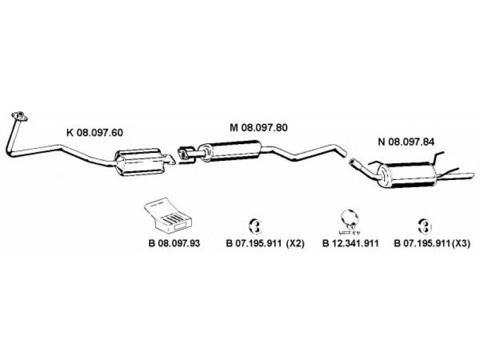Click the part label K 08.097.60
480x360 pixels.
[x=95, y=133]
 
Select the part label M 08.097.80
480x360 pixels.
[x=259, y=127]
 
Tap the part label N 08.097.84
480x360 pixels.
[x=406, y=142]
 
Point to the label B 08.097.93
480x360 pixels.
[x=174, y=243]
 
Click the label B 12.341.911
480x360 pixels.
[x=351, y=243]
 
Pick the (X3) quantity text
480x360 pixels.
[x=460, y=244]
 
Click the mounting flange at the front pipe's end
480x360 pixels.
[x=19, y=116]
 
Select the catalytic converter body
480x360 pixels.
[x=138, y=162]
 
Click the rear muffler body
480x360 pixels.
[x=406, y=175]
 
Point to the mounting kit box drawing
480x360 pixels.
[x=168, y=215]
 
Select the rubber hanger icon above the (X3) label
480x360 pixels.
[x=425, y=226]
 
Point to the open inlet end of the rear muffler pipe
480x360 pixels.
[x=352, y=161]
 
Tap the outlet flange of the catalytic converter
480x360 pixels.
[x=169, y=159]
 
